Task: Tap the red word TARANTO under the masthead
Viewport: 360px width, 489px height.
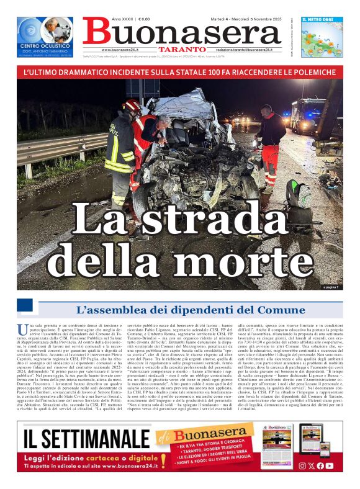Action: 181,49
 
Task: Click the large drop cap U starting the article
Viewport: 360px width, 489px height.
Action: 22,329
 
